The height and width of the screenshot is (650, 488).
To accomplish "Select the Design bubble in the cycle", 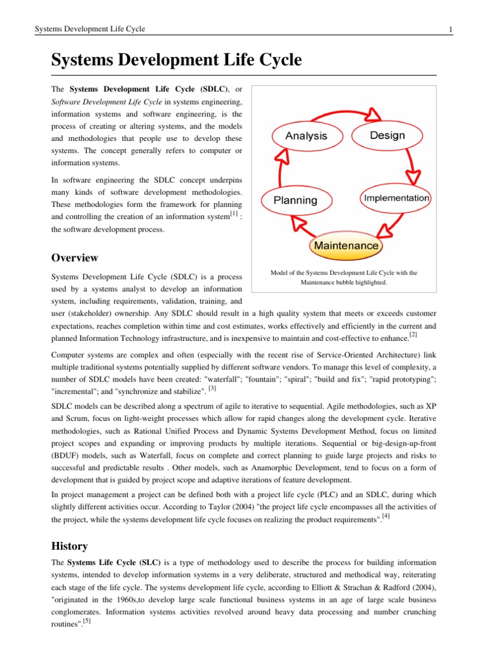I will (387, 136).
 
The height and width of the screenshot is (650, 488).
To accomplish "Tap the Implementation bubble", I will (396, 198).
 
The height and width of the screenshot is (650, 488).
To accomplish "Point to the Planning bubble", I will (295, 200).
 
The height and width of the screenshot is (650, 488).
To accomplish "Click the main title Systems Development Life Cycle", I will (176, 61).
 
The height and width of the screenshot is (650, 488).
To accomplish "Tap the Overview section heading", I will (74, 258).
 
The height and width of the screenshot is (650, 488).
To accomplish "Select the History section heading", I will (69, 546).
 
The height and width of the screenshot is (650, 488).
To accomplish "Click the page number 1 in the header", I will (450, 29).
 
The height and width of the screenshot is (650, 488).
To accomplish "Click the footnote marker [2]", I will (413, 334).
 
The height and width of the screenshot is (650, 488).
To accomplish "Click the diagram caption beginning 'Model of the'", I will (344, 277).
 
